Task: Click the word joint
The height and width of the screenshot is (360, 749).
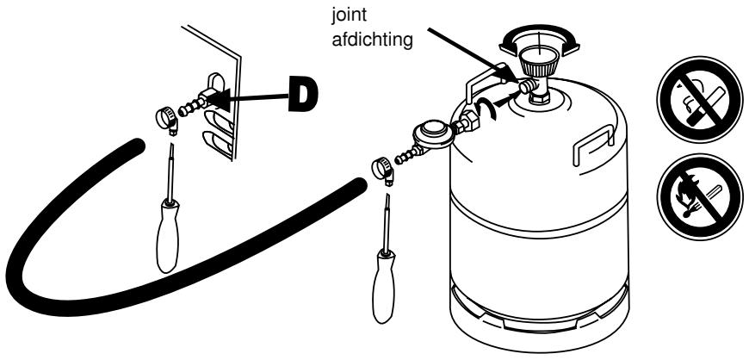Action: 350,15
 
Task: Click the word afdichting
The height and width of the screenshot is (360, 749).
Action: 372,40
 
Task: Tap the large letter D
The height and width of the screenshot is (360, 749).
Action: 304,96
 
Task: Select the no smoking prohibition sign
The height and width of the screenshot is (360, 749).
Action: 699,99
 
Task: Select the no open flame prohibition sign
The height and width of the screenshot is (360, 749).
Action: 699,196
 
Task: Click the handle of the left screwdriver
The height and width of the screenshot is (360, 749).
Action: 168,236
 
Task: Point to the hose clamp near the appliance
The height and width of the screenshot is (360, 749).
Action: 167,121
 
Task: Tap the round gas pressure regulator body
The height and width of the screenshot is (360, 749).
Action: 434,133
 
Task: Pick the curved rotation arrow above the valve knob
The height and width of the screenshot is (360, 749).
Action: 539,40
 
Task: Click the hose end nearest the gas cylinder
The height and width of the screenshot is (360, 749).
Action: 359,185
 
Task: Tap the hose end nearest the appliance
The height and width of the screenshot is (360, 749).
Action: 137,146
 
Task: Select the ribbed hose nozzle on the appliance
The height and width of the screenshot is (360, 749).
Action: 192,106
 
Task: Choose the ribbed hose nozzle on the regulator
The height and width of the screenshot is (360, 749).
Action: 406,155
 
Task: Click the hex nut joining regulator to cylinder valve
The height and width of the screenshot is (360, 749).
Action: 468,121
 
